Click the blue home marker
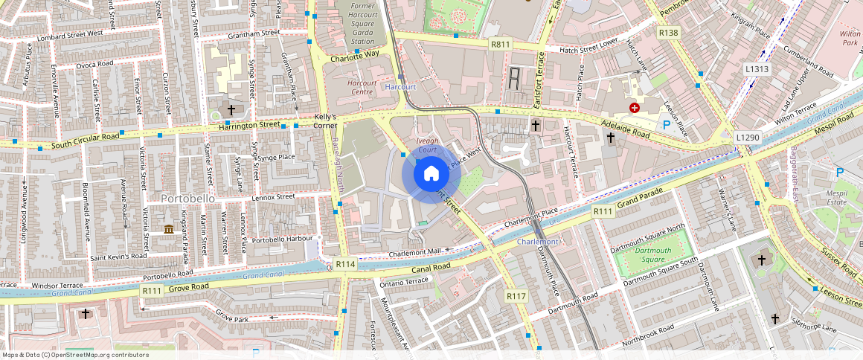pos(431,174)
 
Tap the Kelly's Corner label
pos(325,121)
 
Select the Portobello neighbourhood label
pos(187,199)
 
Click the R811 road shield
pos(500,45)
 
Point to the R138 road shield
pos(669,33)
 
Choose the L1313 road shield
pos(756,69)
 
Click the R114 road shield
pos(345,264)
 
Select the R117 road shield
pos(516,296)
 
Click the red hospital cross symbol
pos(635,108)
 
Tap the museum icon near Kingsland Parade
pos(169,228)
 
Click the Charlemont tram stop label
pos(536,242)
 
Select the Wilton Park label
pos(850,39)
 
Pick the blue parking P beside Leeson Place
pos(666,126)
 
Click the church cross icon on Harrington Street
pos(231,109)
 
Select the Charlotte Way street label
pos(355,54)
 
